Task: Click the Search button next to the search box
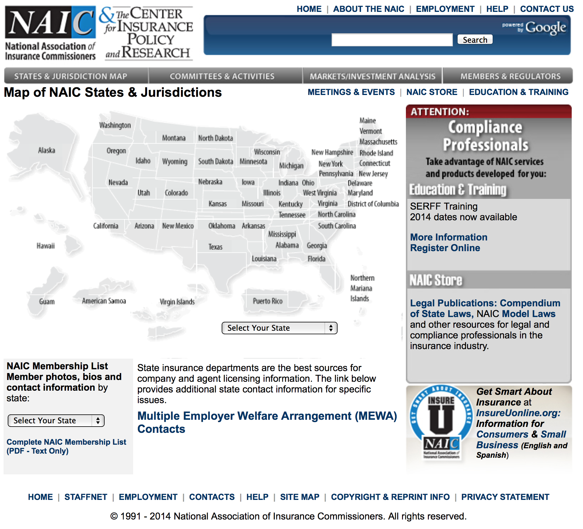[475, 40]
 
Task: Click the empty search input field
[392, 40]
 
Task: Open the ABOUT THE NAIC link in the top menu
[368, 9]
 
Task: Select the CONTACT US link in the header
[547, 9]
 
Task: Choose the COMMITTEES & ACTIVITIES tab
[222, 76]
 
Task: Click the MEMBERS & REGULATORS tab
[510, 76]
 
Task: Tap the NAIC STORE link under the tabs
[432, 92]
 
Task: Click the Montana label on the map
[174, 138]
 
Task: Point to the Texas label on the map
[215, 247]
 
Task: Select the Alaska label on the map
[47, 151]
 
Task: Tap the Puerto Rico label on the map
[268, 301]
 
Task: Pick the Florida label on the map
[316, 259]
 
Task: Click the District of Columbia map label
[373, 204]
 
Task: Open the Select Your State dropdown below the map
[279, 328]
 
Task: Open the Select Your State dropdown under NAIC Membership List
[56, 421]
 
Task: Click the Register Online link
[445, 248]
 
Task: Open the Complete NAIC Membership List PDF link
[66, 446]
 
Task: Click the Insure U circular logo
[441, 422]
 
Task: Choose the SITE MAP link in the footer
[300, 497]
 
